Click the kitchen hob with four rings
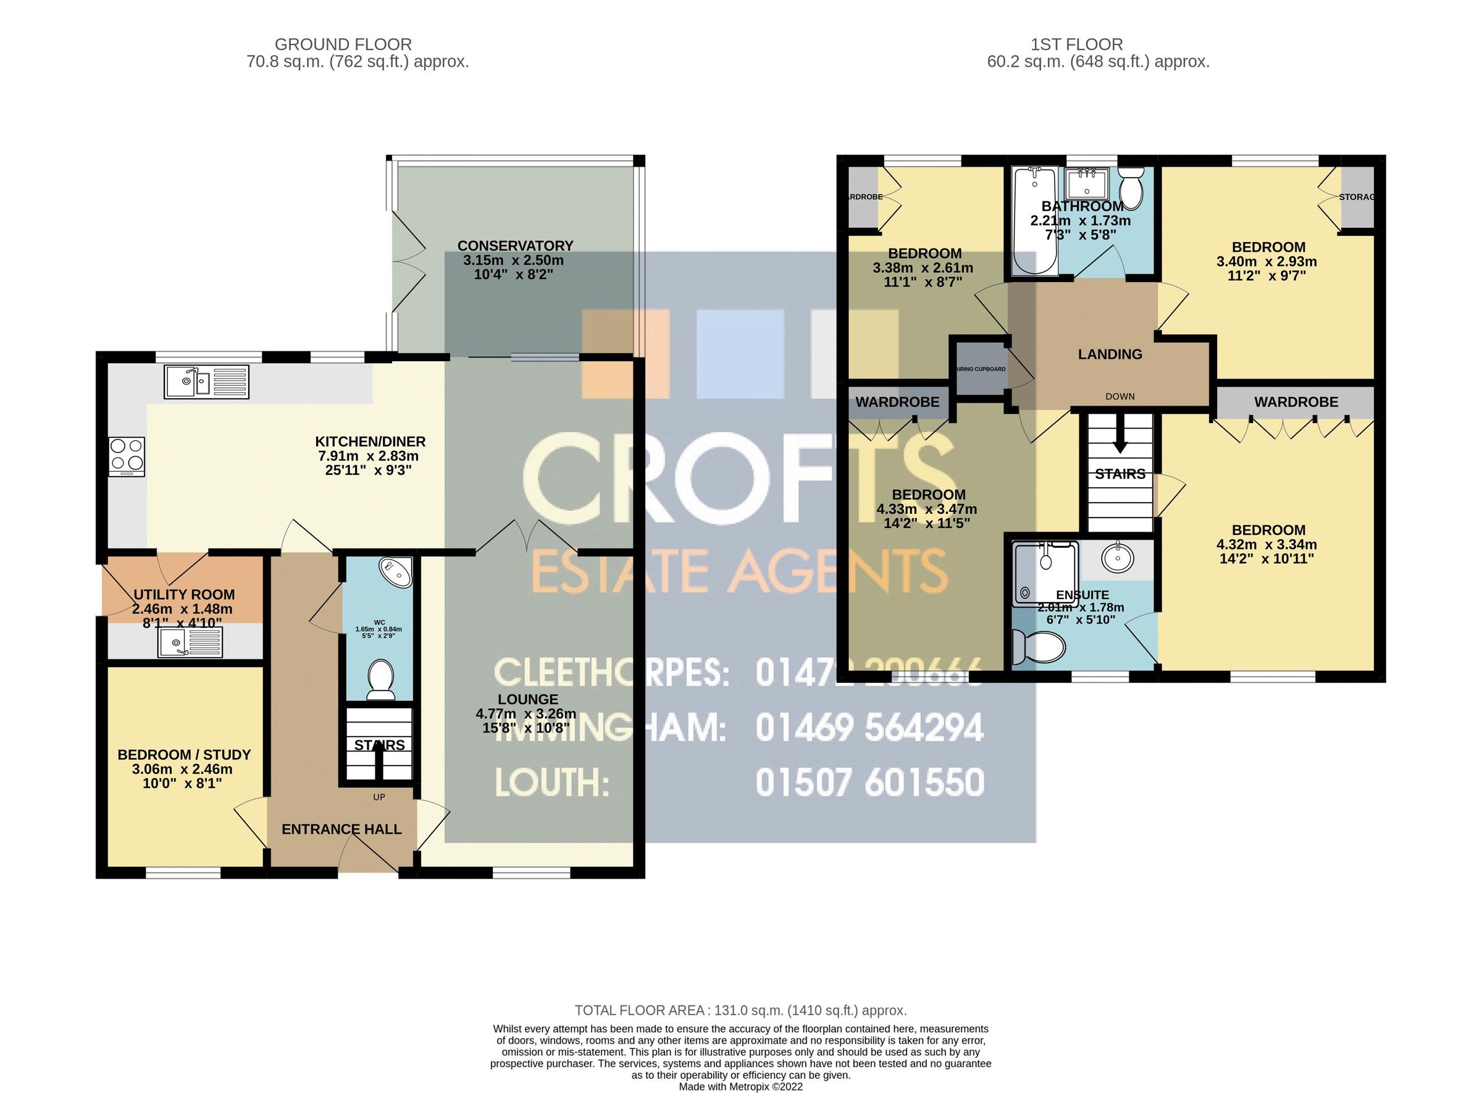point(127,456)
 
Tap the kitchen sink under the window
point(206,382)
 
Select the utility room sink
point(191,642)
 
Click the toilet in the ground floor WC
point(380,679)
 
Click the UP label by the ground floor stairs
point(379,797)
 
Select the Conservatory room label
point(515,246)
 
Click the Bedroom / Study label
point(184,755)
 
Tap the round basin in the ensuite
point(1118,557)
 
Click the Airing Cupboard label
point(981,369)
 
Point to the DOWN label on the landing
point(1120,396)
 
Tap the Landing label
point(1110,354)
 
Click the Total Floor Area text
point(740,1010)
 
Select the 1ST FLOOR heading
point(1076,45)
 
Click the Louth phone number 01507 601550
point(869,783)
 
